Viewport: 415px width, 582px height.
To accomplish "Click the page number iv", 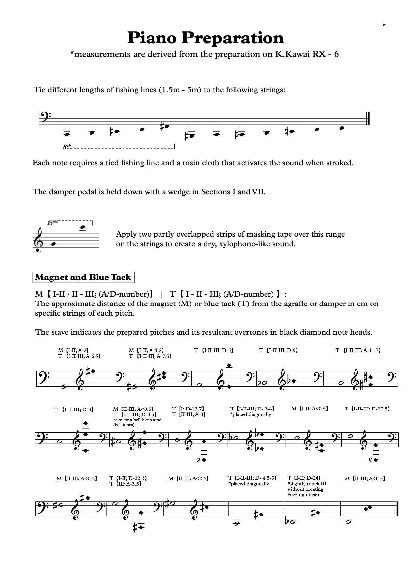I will point(384,25).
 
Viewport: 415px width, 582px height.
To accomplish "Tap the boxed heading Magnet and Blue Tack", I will point(83,277).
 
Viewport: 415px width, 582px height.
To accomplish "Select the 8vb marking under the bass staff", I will point(67,147).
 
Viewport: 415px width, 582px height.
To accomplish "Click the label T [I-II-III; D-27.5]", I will point(367,409).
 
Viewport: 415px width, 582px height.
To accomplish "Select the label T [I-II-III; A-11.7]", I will point(358,351).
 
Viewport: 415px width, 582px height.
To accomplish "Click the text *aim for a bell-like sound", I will point(137,420).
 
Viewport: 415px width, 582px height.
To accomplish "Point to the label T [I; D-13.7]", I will point(188,409).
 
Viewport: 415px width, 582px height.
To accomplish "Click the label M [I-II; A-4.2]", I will point(146,351).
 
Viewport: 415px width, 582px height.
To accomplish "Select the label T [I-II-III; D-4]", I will point(74,410).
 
